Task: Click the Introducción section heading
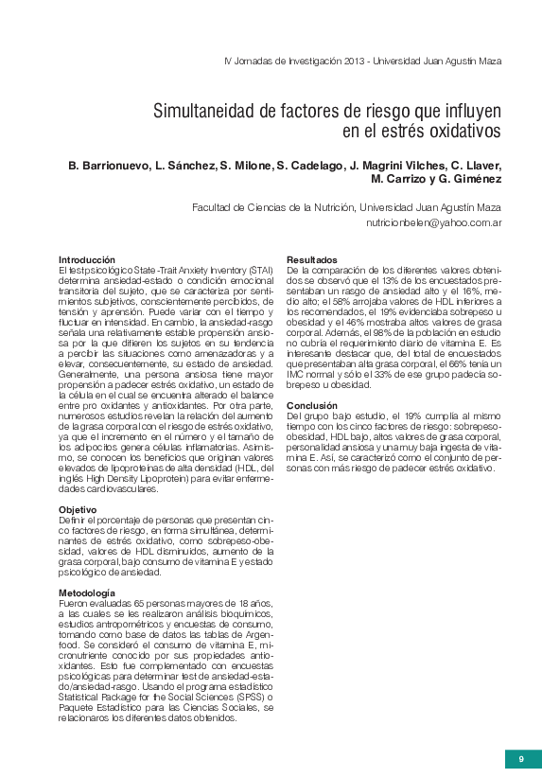(87, 259)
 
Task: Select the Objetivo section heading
(78, 510)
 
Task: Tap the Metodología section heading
(87, 592)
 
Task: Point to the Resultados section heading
(312, 259)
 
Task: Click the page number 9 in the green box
(521, 758)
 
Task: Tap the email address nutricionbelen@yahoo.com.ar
(434, 223)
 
